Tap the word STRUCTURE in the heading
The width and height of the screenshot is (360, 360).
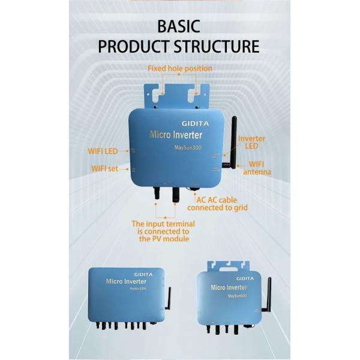pos(217,47)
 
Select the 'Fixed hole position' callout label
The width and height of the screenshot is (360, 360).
pos(179,68)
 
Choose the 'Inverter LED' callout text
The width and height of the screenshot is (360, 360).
pos(251,143)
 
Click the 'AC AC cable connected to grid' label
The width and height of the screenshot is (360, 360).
pos(217,204)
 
